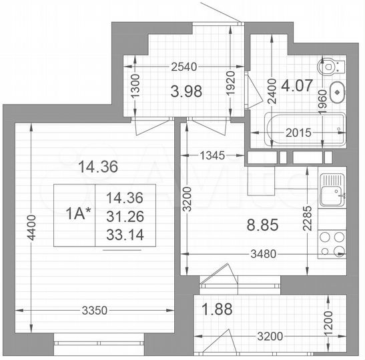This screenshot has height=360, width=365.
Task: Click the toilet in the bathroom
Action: click(331, 67)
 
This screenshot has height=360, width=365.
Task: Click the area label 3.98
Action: click(187, 90)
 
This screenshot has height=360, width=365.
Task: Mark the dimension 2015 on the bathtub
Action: click(298, 133)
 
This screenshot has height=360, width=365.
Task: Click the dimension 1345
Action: click(216, 156)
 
